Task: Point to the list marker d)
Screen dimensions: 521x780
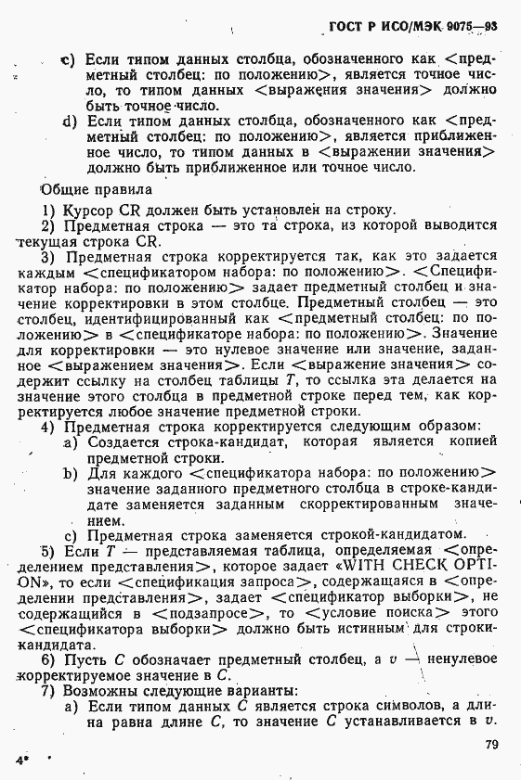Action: point(69,121)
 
